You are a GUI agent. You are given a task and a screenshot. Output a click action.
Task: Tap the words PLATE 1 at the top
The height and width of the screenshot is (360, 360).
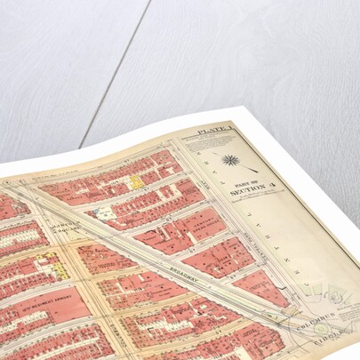[212, 131]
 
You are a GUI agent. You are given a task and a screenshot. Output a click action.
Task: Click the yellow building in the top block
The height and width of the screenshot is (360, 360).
[137, 182]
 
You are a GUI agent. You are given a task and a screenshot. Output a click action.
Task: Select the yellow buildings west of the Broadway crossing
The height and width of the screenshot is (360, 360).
[55, 264]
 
